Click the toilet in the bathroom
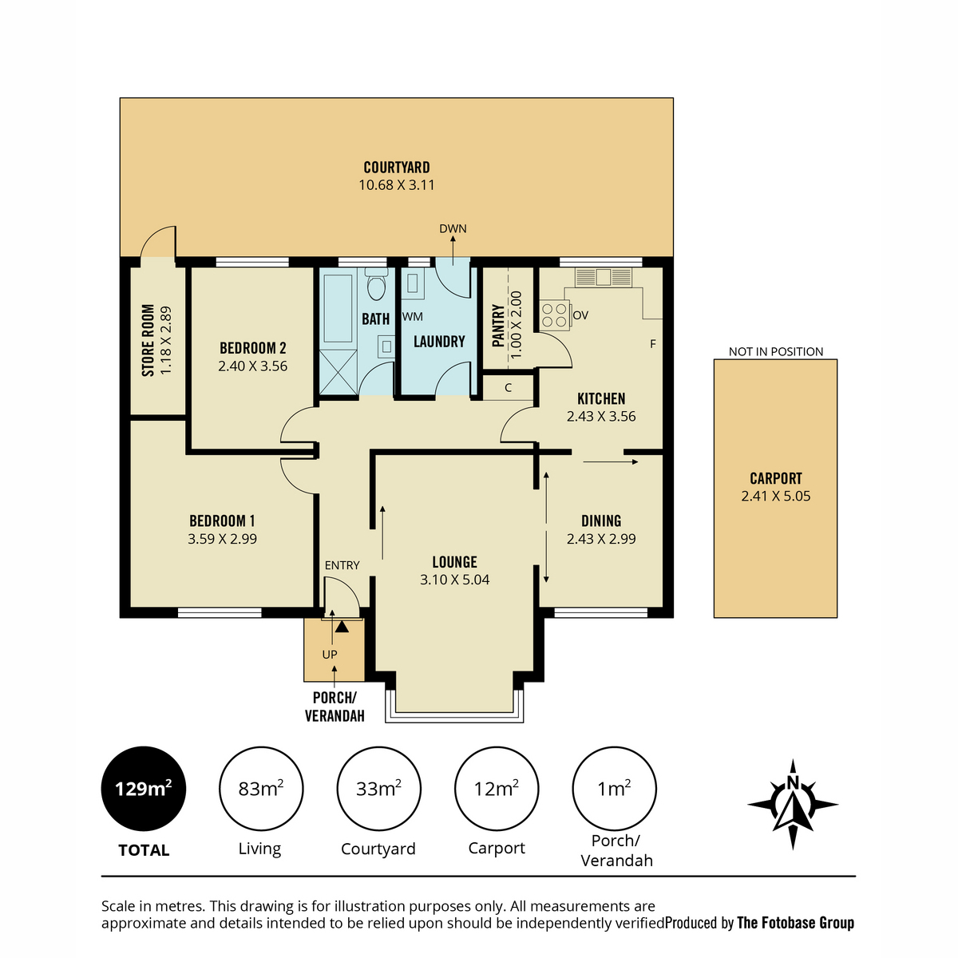coord(376,284)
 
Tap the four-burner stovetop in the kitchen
coord(555,315)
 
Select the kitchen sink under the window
coord(604,277)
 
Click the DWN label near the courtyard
coord(453,228)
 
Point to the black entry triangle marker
coord(342,627)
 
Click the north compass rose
coord(793,803)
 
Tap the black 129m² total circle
coord(144,789)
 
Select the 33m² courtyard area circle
coord(379,789)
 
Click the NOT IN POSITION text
coord(775,351)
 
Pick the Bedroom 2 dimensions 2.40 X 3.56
coord(252,366)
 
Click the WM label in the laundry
coord(412,317)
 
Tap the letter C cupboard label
coord(508,388)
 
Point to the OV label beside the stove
coord(580,315)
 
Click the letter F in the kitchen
coord(653,343)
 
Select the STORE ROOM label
coord(148,341)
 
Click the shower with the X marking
coord(338,372)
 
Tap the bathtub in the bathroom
coord(338,308)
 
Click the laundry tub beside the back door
coord(413,283)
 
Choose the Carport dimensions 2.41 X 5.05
coord(775,496)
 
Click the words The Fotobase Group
coord(795,923)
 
